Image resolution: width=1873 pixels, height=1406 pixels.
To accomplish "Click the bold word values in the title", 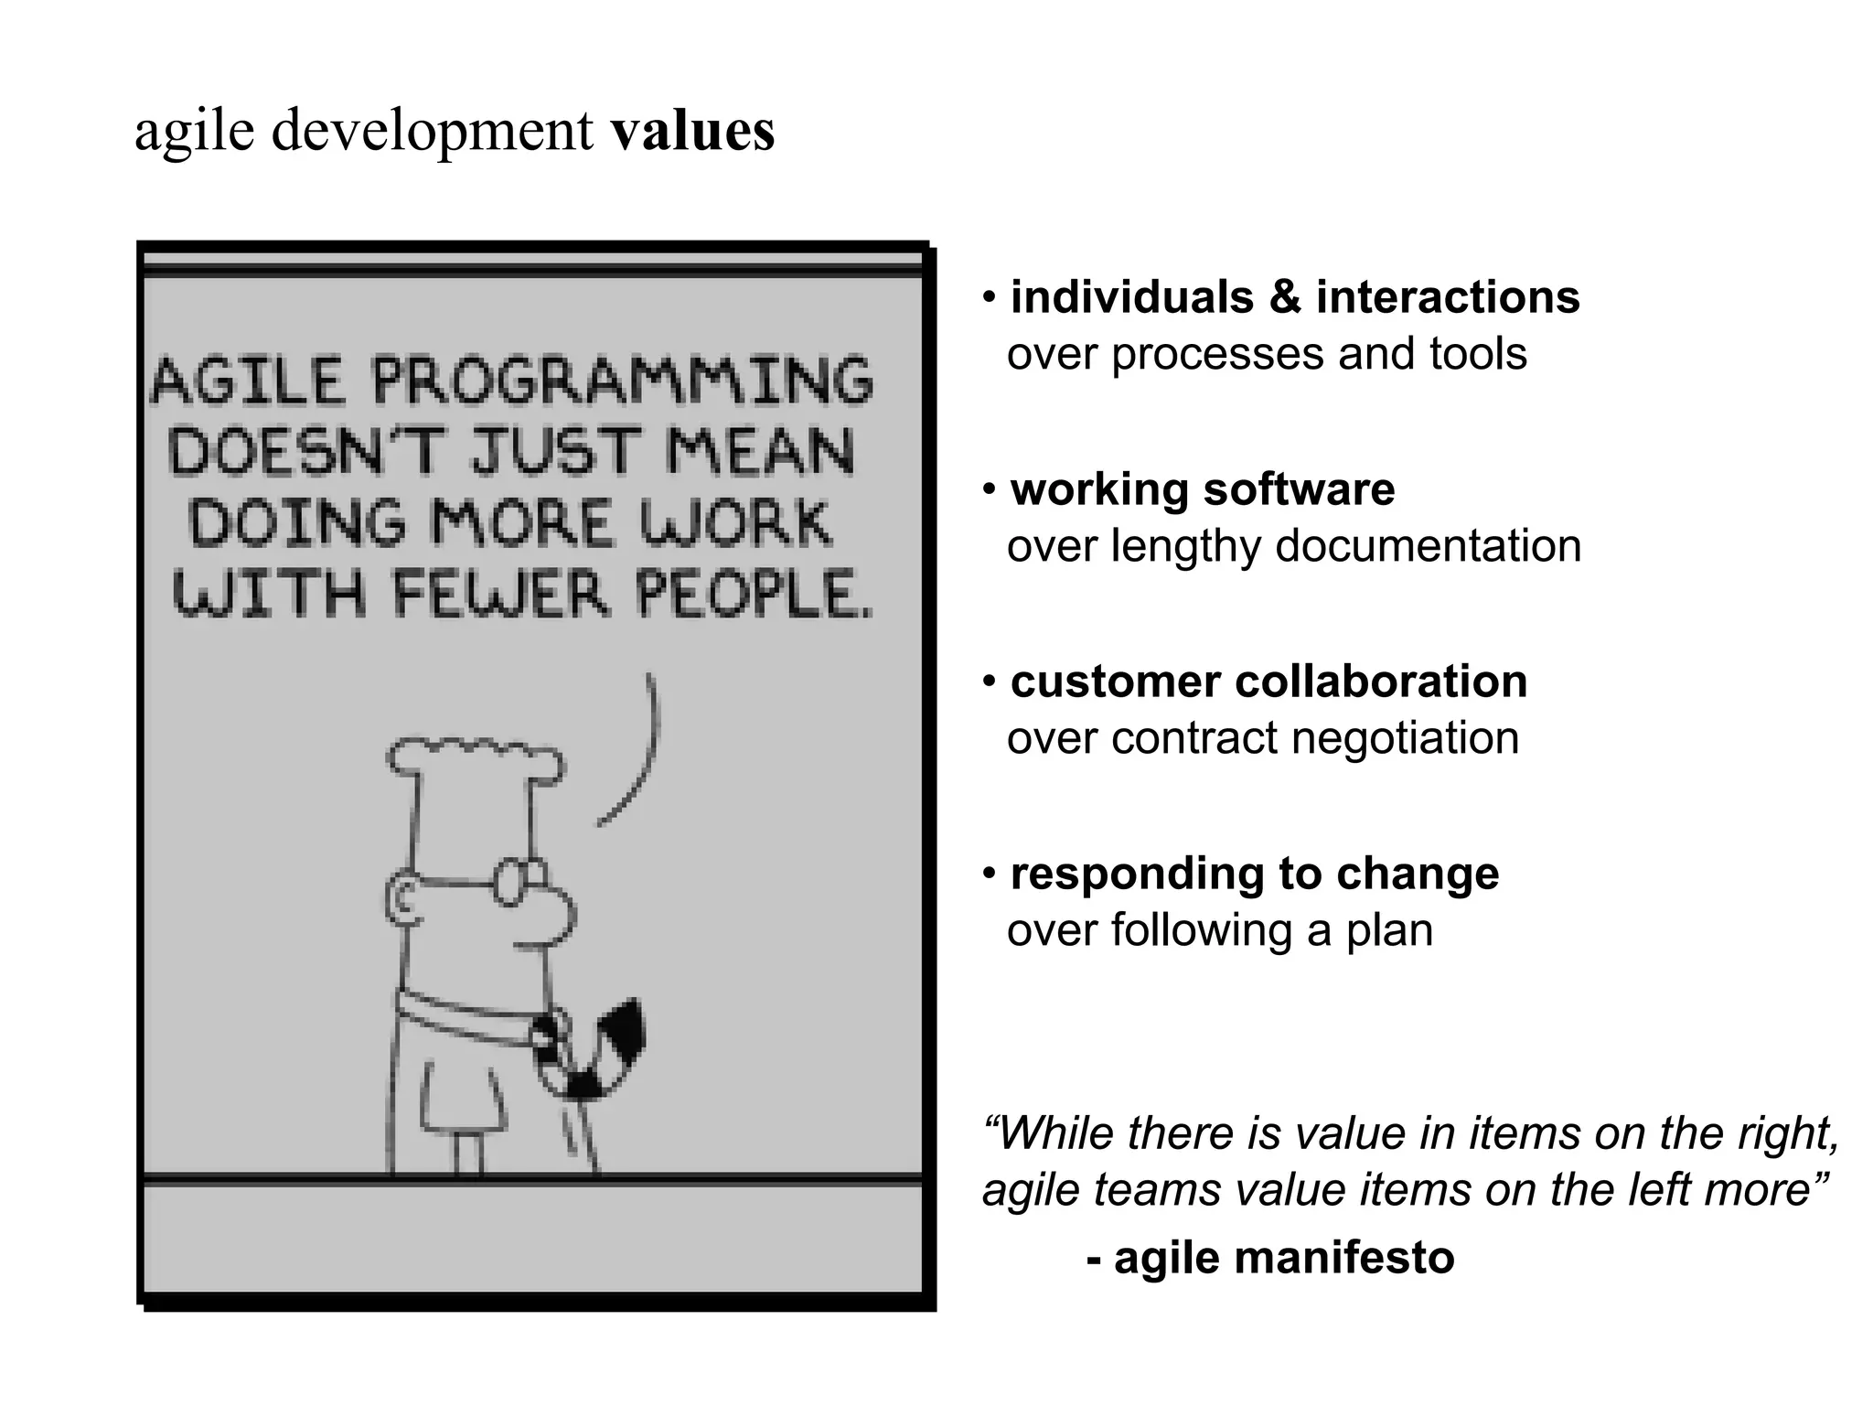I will (x=692, y=131).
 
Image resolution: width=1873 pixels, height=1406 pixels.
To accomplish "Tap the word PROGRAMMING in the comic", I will (x=622, y=381).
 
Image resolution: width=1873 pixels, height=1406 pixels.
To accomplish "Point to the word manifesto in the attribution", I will (x=1343, y=1258).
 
